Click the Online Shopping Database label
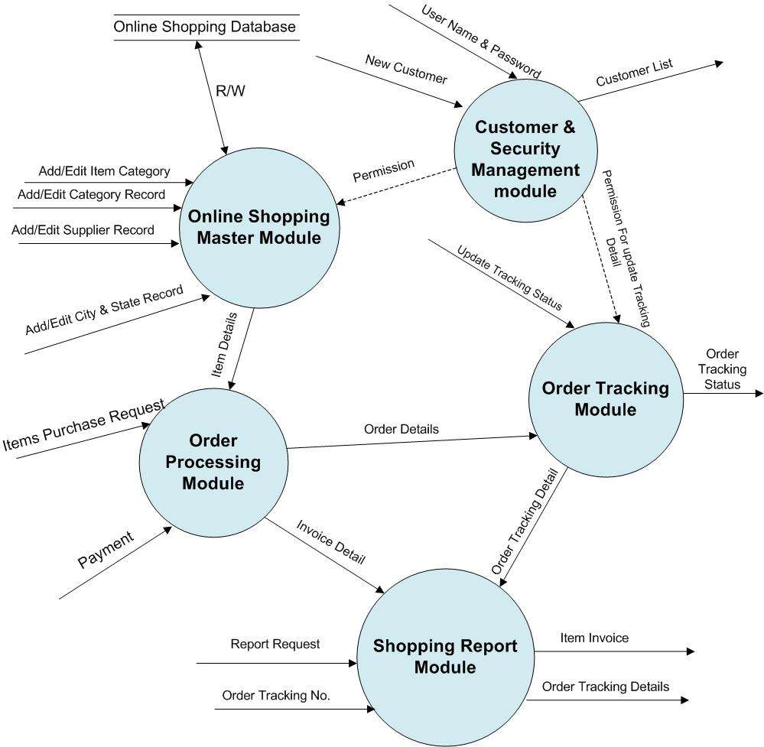204,28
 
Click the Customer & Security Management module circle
525,159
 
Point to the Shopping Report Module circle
445,656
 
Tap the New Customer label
405,70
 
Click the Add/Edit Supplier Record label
83,229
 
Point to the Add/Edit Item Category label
104,171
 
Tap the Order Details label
401,429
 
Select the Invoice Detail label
330,544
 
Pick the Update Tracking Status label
509,278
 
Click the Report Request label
275,645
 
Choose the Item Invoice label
594,638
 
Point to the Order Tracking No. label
276,695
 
